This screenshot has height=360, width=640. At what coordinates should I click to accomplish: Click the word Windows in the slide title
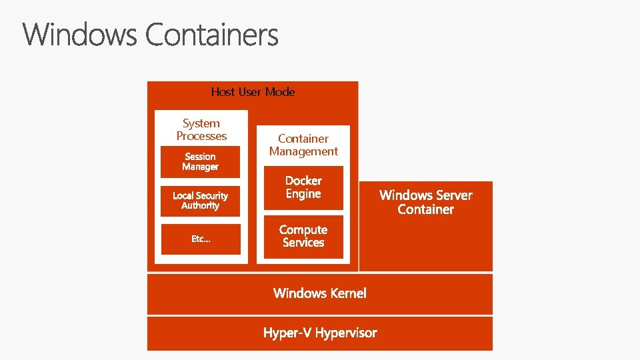coord(81,35)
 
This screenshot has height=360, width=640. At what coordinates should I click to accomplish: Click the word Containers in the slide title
coord(212,35)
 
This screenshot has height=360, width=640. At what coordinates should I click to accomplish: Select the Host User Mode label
coord(253,92)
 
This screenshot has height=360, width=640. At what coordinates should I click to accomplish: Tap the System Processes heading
coord(201,129)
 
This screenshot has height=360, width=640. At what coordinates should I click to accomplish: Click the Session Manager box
coord(200,162)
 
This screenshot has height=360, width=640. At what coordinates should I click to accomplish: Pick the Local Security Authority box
coord(200,201)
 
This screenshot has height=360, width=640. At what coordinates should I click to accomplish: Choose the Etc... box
coord(200,239)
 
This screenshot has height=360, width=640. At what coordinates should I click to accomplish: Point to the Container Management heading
coord(303,145)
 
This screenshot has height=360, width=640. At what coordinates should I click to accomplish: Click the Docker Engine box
coord(303,187)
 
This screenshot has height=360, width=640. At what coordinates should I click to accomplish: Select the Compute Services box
coord(303,236)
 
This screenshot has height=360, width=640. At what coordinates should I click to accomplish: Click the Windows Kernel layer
coord(320,293)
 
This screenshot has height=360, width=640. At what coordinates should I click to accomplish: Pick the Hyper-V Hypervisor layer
coord(320,333)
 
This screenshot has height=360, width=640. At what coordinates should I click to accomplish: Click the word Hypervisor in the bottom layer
coord(345,333)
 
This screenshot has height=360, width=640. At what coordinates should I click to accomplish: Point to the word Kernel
coord(347,293)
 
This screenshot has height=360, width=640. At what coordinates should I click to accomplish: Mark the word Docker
coord(303,181)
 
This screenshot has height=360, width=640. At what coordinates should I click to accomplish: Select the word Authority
coord(200,206)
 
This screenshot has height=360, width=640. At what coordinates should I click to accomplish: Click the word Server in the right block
coord(450,195)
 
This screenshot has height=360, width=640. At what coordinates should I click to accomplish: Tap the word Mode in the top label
coord(280,92)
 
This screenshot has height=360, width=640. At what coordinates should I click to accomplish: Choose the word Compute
coord(303,230)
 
